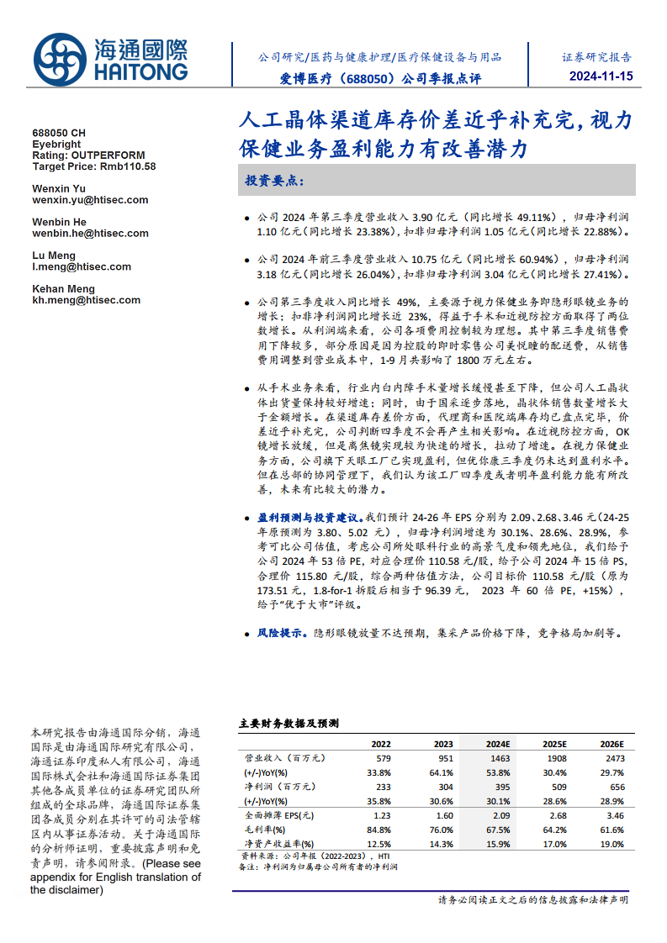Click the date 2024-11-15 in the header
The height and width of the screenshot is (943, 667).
click(x=594, y=77)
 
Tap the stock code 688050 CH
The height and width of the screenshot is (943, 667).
click(x=59, y=134)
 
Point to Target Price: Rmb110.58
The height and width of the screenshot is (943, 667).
click(x=93, y=166)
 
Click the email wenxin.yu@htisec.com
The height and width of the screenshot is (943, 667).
click(x=90, y=200)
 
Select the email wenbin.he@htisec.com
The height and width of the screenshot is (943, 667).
click(x=91, y=233)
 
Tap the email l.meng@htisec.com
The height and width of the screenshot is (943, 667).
click(x=82, y=266)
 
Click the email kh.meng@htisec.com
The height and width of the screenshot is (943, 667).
click(x=87, y=300)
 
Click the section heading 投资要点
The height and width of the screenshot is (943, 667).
click(x=275, y=181)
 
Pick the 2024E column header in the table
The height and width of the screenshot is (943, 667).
click(x=498, y=744)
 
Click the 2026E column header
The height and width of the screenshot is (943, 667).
click(x=611, y=744)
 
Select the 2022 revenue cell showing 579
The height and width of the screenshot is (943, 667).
click(x=383, y=758)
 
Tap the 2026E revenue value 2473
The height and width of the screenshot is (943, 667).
click(x=616, y=758)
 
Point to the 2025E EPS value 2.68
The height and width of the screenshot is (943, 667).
click(x=558, y=815)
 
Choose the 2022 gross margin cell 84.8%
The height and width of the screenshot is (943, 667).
click(x=379, y=830)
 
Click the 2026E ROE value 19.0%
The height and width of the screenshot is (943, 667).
click(x=612, y=844)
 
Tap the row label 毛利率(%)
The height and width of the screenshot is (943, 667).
click(x=266, y=830)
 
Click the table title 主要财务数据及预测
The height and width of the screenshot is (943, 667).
click(x=289, y=723)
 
